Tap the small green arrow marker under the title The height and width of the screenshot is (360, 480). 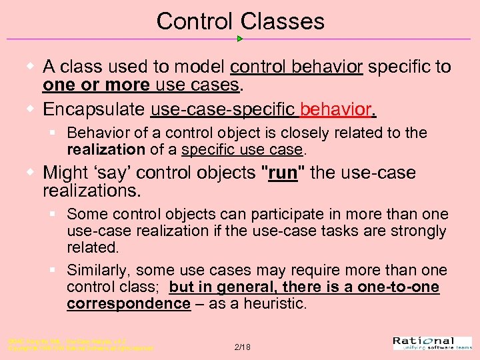coord(240,39)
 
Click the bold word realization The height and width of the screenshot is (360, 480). coord(105,149)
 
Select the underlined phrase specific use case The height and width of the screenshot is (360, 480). coord(242,149)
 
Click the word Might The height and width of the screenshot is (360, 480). coord(64,173)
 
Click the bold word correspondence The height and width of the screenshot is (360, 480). coord(128,303)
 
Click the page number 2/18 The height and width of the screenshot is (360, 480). coord(243,347)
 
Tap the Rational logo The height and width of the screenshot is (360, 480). coord(432,343)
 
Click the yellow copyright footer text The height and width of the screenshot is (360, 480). coord(80,344)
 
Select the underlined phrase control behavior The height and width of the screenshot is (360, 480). coord(296,67)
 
